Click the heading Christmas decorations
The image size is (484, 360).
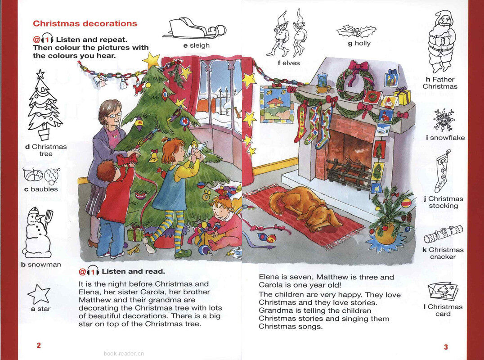click(85, 23)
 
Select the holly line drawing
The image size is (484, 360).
click(356, 31)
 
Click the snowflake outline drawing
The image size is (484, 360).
click(444, 120)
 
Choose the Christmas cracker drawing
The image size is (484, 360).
click(443, 234)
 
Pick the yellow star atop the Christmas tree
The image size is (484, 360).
click(151, 59)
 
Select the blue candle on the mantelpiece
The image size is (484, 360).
click(323, 81)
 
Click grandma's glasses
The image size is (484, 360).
click(114, 115)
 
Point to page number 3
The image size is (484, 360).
click(446, 346)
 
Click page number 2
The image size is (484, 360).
click(39, 346)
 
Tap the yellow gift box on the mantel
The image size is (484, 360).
click(402, 95)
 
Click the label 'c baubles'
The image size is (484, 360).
click(41, 189)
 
